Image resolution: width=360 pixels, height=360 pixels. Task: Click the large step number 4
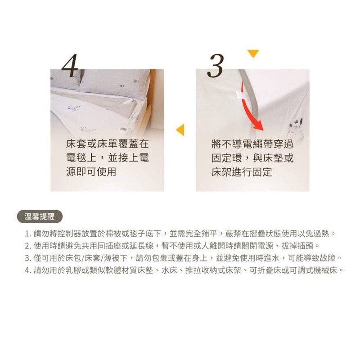[x=70, y=66]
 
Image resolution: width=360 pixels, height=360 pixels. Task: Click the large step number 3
[x=216, y=66]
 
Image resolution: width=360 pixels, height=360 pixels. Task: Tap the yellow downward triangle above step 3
[x=253, y=54]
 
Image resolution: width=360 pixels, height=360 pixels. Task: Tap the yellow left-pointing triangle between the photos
[x=180, y=130]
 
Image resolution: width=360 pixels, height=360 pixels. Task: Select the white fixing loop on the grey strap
[x=240, y=95]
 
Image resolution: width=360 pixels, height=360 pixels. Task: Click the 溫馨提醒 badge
[x=40, y=216]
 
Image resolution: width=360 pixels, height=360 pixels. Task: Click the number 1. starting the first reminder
[x=28, y=234]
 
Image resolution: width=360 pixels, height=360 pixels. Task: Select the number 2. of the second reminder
[x=28, y=246]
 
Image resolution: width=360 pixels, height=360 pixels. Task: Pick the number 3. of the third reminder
[x=28, y=258]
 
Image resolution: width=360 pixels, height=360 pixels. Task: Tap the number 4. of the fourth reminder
[x=28, y=270]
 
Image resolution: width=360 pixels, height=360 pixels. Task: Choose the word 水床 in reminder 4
[x=170, y=270]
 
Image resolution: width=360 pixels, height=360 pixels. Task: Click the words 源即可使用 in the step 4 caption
[x=91, y=172]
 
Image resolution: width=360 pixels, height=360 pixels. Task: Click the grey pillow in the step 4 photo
[x=114, y=83]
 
